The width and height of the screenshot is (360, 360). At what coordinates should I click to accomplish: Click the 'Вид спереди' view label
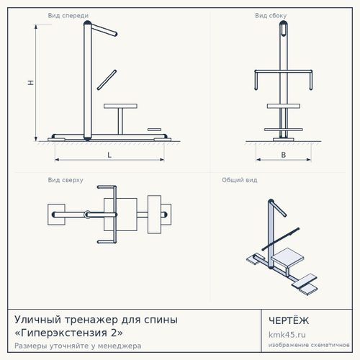click(68, 16)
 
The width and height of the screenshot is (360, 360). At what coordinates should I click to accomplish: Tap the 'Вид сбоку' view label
click(271, 16)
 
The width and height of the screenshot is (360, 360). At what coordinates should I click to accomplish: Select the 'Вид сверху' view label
click(66, 180)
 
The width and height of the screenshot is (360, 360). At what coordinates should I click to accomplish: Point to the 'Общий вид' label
click(240, 180)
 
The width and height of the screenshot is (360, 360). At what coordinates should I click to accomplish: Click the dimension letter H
click(31, 83)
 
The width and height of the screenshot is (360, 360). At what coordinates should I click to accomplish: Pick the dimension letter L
click(109, 155)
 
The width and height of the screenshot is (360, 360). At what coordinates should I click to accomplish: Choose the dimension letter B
click(284, 155)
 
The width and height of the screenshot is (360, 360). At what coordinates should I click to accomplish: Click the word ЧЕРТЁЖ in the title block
click(289, 320)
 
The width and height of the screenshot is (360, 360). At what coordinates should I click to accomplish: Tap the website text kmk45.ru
click(287, 335)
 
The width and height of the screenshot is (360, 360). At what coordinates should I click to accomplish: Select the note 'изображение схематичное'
click(309, 345)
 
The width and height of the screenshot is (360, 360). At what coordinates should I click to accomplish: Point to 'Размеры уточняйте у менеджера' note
click(78, 346)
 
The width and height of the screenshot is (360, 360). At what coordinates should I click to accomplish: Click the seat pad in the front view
click(120, 106)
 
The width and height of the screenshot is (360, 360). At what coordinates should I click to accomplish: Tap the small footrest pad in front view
click(154, 130)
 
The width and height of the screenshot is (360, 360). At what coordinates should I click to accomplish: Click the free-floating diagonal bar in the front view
click(107, 80)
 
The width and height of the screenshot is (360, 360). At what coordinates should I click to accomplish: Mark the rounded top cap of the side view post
click(284, 24)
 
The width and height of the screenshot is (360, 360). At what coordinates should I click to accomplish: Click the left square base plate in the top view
click(56, 215)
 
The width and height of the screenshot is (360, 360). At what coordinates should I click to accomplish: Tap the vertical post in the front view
click(88, 81)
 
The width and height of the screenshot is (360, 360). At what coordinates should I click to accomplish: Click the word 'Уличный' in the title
click(37, 320)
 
